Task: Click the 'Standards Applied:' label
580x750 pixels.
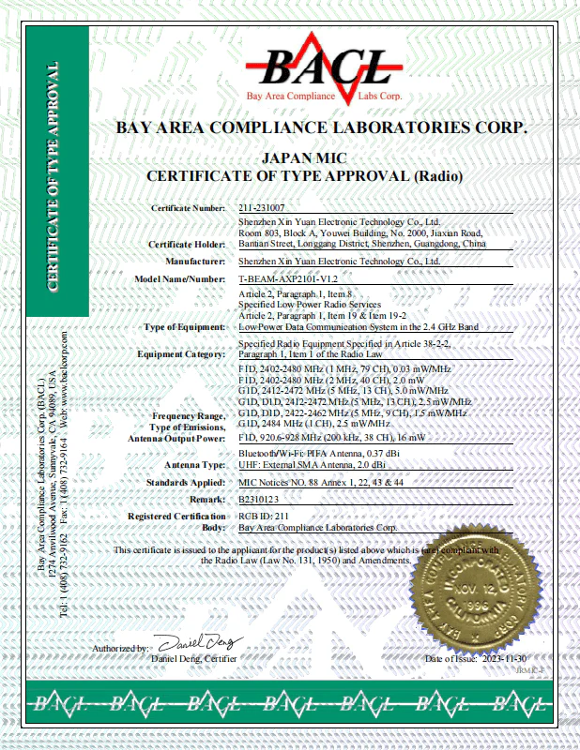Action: click(x=184, y=483)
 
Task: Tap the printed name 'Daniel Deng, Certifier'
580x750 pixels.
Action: click(x=193, y=658)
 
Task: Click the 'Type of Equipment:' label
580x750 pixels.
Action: click(x=184, y=327)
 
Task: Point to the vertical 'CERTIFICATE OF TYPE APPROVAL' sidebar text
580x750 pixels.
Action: click(x=53, y=178)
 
